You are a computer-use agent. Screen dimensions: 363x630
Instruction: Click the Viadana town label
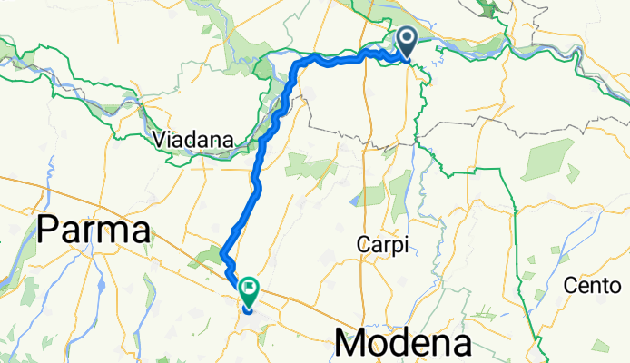pos(194,140)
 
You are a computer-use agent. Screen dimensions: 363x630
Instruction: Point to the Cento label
pos(591,286)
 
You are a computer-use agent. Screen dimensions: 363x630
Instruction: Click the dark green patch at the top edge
pos(490,9)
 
